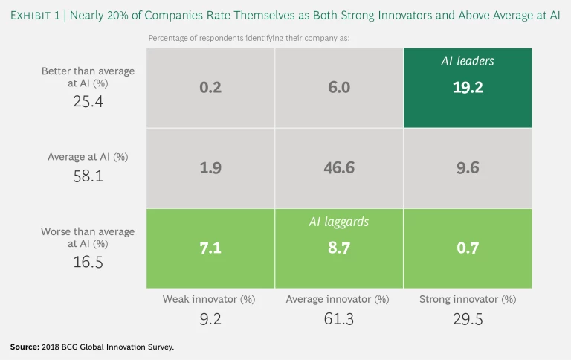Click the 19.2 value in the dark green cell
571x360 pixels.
[x=468, y=88]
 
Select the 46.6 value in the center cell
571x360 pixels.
[x=339, y=168]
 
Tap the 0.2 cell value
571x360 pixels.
[x=211, y=88]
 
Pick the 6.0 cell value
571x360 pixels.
[x=339, y=88]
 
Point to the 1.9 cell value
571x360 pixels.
[x=211, y=168]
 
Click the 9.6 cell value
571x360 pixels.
[x=468, y=168]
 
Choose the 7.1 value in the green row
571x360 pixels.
[x=211, y=248]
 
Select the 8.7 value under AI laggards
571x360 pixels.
[x=339, y=248]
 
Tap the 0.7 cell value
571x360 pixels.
[x=468, y=248]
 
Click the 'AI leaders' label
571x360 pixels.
[x=468, y=61]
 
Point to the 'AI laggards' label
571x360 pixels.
[x=339, y=222]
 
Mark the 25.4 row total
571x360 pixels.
[x=88, y=101]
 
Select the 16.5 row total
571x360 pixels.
[x=88, y=262]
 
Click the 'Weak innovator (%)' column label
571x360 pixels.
[x=210, y=300]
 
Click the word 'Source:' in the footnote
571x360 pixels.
[x=25, y=347]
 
